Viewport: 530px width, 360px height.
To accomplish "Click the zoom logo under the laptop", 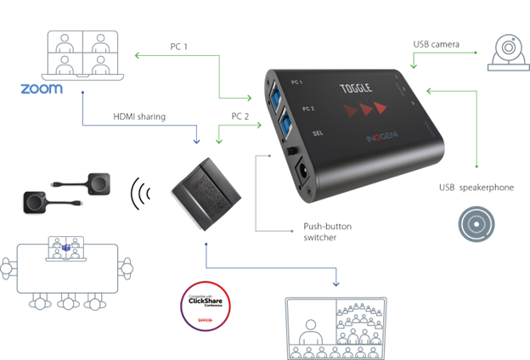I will pyautogui.click(x=41, y=88).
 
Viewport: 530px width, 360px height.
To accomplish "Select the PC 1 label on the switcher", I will pyautogui.click(x=296, y=82).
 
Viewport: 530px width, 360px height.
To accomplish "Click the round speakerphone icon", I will pyautogui.click(x=476, y=223).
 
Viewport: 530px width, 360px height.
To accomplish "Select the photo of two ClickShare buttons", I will pyautogui.click(x=65, y=194).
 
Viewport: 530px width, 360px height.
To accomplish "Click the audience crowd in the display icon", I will pyautogui.click(x=362, y=328).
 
